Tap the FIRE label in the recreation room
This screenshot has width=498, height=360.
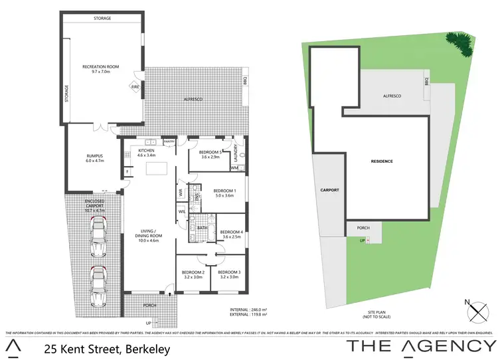click(x=135, y=87)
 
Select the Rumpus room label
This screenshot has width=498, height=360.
click(x=90, y=157)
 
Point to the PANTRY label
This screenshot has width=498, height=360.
click(x=169, y=141)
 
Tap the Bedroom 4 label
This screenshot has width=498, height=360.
click(x=232, y=234)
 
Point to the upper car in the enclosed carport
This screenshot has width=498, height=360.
click(x=98, y=236)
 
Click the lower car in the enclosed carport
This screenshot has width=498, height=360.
click(x=98, y=286)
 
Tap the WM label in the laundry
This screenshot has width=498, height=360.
click(x=234, y=168)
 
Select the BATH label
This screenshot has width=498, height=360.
click(x=202, y=228)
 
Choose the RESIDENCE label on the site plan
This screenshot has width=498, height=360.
click(x=382, y=161)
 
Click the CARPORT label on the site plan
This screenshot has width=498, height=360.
click(x=330, y=190)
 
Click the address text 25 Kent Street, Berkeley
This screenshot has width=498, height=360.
click(x=107, y=348)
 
